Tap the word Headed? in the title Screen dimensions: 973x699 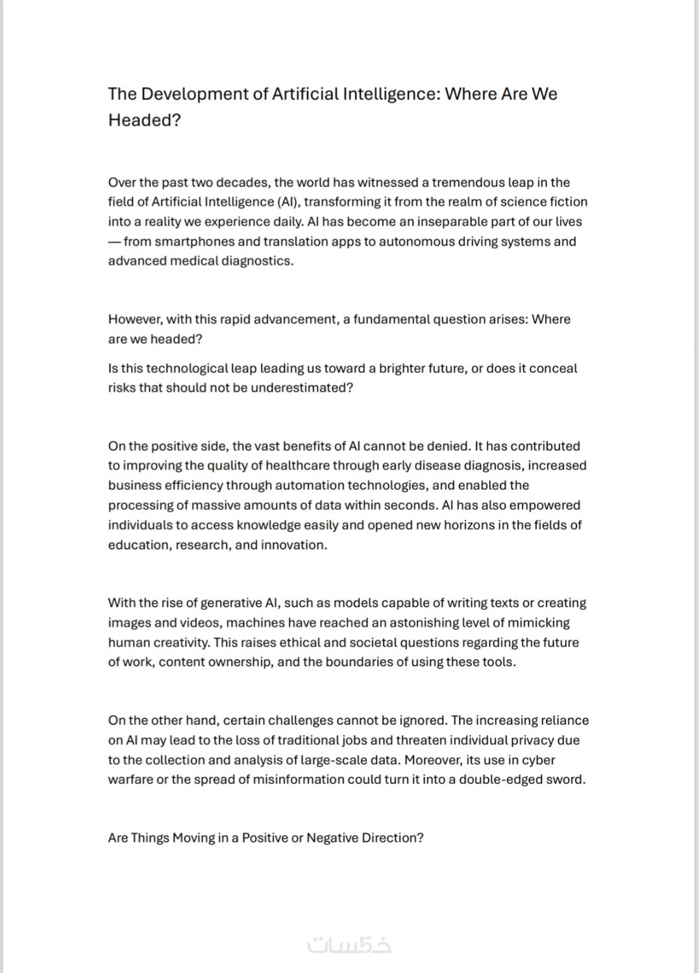144,120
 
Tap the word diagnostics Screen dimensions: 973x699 258,261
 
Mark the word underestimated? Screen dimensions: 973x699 302,388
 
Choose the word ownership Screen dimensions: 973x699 240,662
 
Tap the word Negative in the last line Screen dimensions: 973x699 332,838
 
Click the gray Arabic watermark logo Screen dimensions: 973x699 349,944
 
